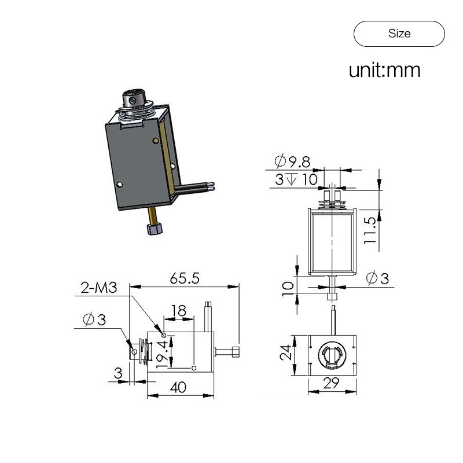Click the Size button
(x=399, y=34)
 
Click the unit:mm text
(x=384, y=70)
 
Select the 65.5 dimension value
(x=185, y=278)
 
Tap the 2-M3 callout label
(x=99, y=288)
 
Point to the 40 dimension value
(x=178, y=387)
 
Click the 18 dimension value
(x=179, y=310)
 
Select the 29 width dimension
(x=331, y=383)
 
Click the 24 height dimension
(x=285, y=352)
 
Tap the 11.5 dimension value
(x=369, y=230)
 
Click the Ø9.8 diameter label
(x=292, y=161)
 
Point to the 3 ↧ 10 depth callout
(x=296, y=179)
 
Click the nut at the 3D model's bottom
(x=155, y=229)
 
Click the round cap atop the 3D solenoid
(x=134, y=98)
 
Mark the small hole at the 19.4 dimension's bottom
(x=194, y=368)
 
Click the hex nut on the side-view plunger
(x=236, y=352)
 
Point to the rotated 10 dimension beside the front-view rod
(x=287, y=288)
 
